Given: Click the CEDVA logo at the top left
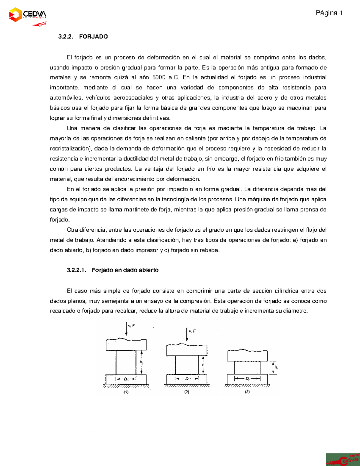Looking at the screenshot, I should tap(28, 15).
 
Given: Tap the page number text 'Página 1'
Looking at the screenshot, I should tap(329, 13).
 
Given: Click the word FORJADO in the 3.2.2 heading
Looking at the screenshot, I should tap(93, 37).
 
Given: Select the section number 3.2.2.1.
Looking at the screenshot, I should tap(76, 270).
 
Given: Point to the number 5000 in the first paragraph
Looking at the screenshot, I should tap(159, 77).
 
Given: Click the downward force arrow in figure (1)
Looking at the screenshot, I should tap(126, 329).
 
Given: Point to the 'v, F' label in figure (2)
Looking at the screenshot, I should tap(192, 331).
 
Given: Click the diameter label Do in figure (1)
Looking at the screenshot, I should tap(126, 379).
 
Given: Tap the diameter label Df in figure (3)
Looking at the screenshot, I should tap(247, 379).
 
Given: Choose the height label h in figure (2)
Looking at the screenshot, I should tap(203, 365).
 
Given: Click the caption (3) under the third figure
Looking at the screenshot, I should tap(247, 392).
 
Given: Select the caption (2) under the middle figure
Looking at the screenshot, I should tap(187, 392).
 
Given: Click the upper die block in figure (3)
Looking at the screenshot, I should tap(247, 356).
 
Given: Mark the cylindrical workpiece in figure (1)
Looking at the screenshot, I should tap(126, 362).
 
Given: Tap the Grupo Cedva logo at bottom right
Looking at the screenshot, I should tap(343, 459).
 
